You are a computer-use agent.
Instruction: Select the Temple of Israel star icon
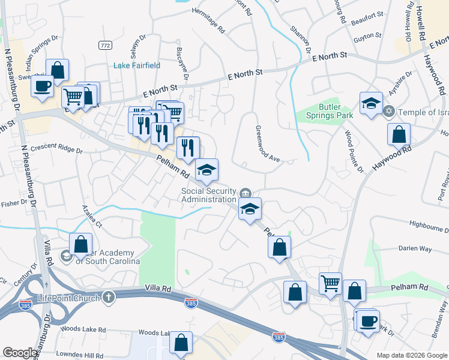tap(388, 112)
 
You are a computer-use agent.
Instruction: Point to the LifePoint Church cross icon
tap(109, 297)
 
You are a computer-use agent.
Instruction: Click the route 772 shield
tap(106, 46)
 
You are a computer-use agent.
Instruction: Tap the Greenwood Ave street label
tap(268, 144)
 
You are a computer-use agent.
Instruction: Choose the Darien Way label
tap(415, 248)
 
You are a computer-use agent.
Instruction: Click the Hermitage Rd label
tap(208, 20)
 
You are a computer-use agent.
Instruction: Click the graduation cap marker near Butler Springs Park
tap(371, 103)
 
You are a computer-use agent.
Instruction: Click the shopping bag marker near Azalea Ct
tap(80, 244)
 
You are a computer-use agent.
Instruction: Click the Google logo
tap(20, 353)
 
